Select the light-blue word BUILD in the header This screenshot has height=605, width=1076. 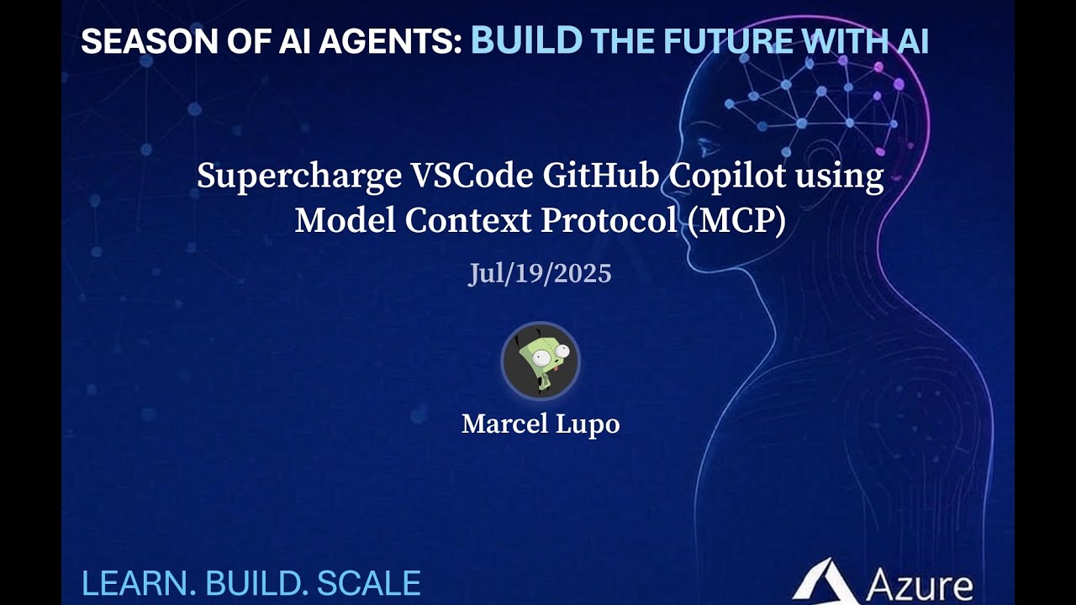526,40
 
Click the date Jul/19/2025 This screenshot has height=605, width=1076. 540,274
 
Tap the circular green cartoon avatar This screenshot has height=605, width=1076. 540,361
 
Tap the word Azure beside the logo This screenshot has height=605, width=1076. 918,585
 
